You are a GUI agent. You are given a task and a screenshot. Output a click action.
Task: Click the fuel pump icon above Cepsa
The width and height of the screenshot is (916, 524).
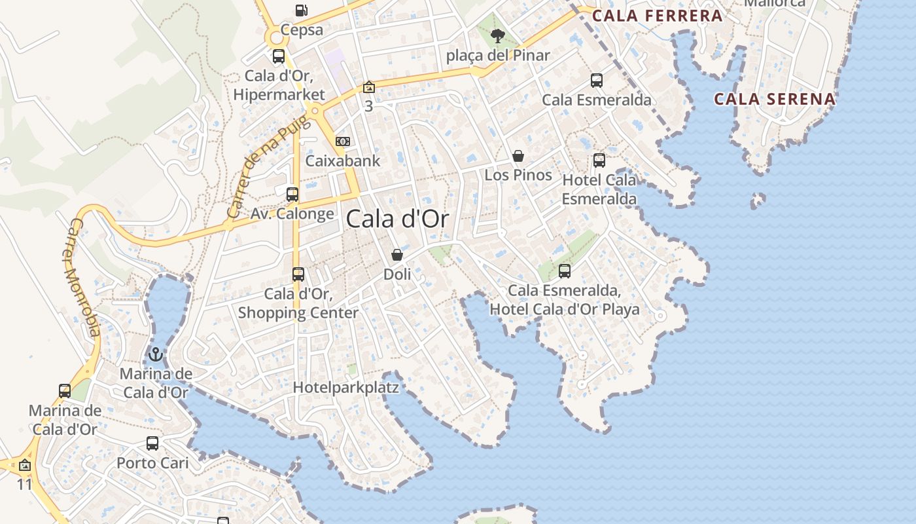click(301, 10)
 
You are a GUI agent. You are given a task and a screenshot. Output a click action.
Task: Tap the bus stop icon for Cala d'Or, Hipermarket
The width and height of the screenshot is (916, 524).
click(279, 56)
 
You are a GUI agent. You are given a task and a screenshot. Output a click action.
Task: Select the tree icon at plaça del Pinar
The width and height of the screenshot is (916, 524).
click(498, 35)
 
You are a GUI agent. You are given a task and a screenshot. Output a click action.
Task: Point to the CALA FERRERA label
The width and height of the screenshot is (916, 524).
click(657, 16)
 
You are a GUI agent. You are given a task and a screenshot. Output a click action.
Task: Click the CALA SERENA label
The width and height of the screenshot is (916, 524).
click(775, 100)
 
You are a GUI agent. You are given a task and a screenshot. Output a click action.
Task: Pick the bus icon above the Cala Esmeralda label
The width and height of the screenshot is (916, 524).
click(597, 81)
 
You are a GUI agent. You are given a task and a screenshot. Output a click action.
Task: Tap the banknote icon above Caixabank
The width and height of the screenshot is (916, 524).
click(343, 141)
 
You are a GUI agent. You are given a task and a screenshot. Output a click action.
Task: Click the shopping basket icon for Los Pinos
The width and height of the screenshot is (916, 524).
click(518, 156)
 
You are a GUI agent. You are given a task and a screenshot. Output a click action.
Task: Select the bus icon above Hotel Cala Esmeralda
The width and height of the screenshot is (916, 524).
click(599, 160)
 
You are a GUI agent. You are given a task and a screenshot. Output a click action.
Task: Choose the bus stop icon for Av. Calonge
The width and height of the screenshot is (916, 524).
click(292, 194)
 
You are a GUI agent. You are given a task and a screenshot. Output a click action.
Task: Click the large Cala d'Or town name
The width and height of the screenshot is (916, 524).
click(398, 219)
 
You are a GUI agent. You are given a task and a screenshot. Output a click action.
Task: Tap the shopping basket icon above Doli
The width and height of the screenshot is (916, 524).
click(397, 255)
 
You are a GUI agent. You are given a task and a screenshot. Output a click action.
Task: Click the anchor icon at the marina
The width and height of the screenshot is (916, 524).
click(156, 354)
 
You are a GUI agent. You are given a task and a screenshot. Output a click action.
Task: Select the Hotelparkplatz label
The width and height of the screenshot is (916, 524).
click(345, 387)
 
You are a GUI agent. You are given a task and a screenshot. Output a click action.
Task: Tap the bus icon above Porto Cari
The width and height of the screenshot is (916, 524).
click(152, 443)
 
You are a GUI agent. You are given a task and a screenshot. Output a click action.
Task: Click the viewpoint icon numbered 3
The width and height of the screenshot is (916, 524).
click(369, 87)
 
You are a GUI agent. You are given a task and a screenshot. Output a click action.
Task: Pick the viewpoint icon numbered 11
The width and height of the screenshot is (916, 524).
click(25, 465)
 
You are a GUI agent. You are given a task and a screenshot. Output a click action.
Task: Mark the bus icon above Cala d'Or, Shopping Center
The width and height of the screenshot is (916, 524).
click(298, 274)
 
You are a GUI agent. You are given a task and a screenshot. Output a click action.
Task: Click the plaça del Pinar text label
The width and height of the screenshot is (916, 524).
click(498, 56)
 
